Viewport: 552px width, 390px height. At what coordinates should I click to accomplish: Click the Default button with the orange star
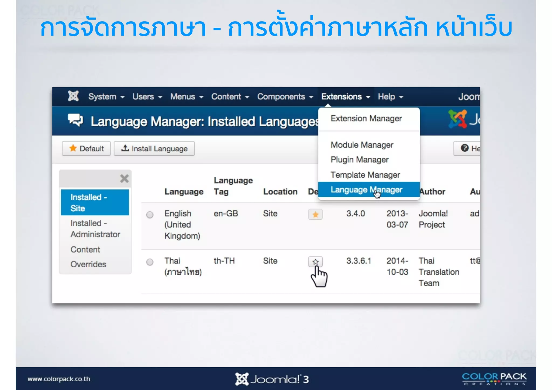click(86, 149)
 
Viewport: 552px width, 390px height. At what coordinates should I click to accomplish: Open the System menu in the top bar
click(106, 97)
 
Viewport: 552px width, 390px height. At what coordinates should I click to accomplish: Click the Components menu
click(285, 97)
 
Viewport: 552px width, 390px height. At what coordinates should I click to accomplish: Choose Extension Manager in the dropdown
click(366, 119)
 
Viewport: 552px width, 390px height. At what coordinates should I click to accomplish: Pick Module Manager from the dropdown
click(362, 145)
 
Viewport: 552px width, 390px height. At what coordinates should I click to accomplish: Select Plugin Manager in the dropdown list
click(360, 160)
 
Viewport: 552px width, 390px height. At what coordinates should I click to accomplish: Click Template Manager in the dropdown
click(365, 175)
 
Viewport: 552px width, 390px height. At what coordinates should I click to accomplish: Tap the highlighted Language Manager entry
click(366, 190)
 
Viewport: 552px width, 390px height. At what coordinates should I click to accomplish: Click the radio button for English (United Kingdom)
click(150, 215)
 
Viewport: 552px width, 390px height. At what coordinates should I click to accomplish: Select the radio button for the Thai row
click(150, 262)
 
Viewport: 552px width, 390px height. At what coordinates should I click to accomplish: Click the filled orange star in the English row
click(315, 215)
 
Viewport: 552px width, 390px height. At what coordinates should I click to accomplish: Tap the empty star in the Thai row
click(315, 262)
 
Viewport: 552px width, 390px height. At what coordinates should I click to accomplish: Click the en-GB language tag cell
click(226, 214)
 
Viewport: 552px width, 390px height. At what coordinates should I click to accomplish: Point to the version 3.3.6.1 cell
click(359, 261)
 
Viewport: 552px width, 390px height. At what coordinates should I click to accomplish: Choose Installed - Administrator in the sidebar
click(95, 229)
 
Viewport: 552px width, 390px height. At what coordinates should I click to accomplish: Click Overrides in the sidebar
click(88, 264)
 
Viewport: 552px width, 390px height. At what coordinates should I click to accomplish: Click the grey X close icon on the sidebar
click(124, 178)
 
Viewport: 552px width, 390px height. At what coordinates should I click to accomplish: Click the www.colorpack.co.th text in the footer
click(59, 379)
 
